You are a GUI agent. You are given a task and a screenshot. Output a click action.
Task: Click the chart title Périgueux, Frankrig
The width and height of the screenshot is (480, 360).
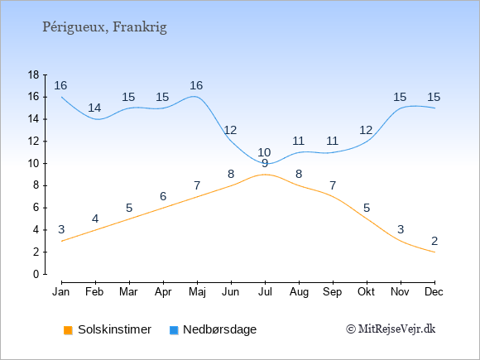tap(105, 27)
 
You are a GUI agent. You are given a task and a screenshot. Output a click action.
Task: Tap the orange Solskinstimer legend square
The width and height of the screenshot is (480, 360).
tap(68, 330)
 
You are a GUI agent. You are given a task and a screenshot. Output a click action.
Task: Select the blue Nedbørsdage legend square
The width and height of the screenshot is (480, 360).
tap(174, 330)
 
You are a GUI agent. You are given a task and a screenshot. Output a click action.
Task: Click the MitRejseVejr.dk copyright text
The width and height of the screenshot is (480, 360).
tap(391, 329)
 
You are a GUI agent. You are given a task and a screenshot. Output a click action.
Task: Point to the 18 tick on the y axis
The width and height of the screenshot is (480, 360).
tap(33, 74)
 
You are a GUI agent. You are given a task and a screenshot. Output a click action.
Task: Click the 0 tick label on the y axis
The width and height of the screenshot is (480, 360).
tap(36, 274)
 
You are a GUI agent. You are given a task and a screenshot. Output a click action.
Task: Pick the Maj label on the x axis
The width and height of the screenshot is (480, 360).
tap(197, 292)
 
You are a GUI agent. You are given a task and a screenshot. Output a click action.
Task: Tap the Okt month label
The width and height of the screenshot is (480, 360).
tap(366, 292)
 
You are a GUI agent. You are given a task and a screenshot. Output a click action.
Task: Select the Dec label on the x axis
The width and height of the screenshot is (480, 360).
tap(434, 292)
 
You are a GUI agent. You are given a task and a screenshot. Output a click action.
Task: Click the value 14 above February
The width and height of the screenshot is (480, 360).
tap(94, 108)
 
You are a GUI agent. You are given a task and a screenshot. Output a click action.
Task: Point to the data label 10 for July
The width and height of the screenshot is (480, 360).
tap(264, 152)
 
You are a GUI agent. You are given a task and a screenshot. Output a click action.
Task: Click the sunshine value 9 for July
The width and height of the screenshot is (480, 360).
tap(265, 164)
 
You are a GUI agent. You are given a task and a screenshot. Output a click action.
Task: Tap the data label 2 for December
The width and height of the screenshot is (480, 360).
tap(434, 241)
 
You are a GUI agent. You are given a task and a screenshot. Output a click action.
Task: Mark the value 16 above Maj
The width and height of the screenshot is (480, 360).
tap(196, 85)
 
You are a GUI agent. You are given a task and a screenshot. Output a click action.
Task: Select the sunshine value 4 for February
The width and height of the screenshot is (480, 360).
tap(95, 218)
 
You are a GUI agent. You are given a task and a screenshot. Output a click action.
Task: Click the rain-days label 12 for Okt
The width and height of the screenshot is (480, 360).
tap(366, 131)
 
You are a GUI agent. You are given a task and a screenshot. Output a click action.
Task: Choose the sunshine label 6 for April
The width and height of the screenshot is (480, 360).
tap(163, 196)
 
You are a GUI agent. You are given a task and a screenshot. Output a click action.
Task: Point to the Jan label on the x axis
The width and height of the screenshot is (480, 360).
tap(61, 292)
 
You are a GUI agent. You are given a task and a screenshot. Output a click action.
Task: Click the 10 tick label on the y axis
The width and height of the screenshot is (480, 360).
tap(33, 164)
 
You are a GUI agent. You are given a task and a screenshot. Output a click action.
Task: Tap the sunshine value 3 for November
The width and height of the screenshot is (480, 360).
tap(401, 229)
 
